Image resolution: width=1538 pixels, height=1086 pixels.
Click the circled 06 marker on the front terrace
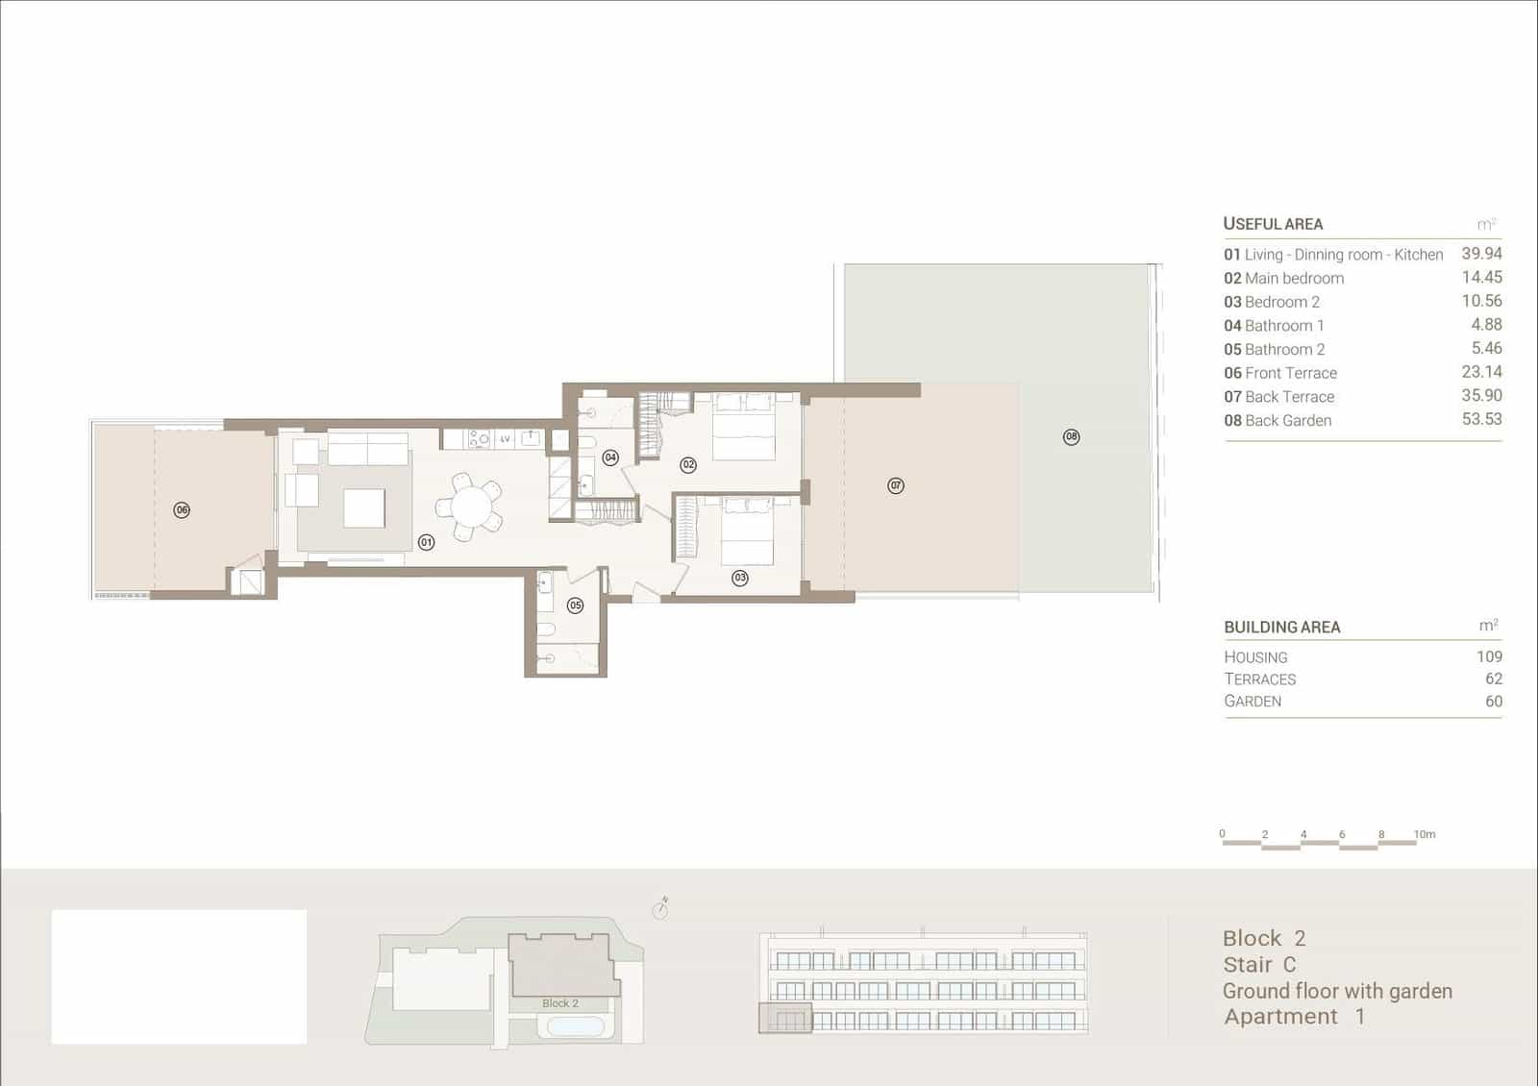click(x=182, y=510)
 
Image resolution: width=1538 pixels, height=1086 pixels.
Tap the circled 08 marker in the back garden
click(x=1072, y=437)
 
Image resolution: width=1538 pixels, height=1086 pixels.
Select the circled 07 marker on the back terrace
click(x=896, y=486)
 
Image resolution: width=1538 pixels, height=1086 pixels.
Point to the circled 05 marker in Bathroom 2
click(x=575, y=605)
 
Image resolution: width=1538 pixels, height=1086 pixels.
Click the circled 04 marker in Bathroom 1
click(x=610, y=457)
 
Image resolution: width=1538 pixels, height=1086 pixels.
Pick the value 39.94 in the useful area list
click(x=1481, y=254)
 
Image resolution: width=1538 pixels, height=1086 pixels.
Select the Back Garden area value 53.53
click(x=1481, y=419)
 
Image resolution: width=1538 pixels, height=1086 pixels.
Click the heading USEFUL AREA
click(x=1273, y=224)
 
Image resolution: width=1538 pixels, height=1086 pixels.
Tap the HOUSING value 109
click(x=1489, y=656)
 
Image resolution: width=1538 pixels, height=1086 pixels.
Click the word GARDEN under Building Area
click(x=1253, y=702)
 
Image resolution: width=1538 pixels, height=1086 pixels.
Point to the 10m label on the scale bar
click(x=1425, y=834)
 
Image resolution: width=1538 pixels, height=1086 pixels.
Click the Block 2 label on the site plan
click(x=560, y=1003)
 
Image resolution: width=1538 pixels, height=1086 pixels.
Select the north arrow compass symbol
click(x=660, y=908)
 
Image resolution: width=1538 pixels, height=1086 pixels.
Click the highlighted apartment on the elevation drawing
click(x=785, y=1018)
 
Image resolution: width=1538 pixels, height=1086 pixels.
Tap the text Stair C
click(x=1259, y=965)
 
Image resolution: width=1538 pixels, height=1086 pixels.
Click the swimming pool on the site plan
click(x=576, y=1027)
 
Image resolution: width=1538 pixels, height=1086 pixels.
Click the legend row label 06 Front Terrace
click(x=1280, y=373)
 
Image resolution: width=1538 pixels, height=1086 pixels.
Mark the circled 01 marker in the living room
click(x=427, y=543)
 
